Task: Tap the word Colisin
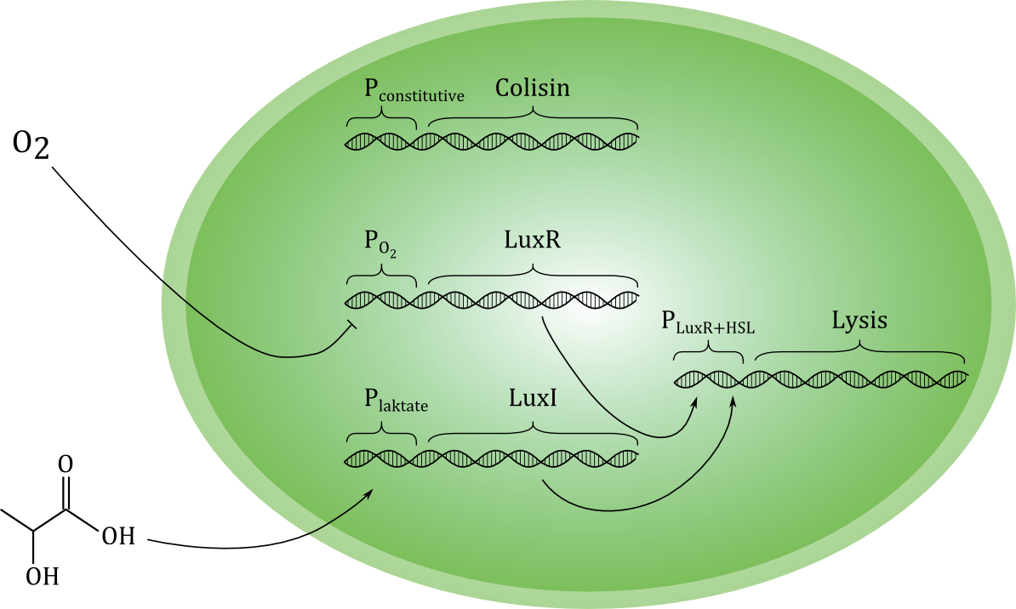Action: pyautogui.click(x=533, y=88)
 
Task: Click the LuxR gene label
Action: pyautogui.click(x=534, y=241)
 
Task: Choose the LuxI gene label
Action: pyautogui.click(x=534, y=397)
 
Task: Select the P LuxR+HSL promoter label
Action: pyautogui.click(x=708, y=324)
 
